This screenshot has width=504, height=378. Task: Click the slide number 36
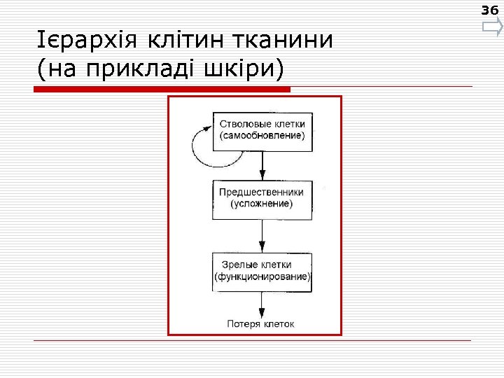491,10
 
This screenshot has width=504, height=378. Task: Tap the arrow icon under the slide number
492,28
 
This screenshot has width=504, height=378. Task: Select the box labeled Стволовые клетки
262,130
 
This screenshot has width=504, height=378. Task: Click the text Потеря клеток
261,323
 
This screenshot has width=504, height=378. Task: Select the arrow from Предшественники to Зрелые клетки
262,236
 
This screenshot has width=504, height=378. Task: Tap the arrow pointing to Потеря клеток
262,304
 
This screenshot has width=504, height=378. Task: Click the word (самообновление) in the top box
262,136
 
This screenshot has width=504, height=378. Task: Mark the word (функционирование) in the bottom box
262,277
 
